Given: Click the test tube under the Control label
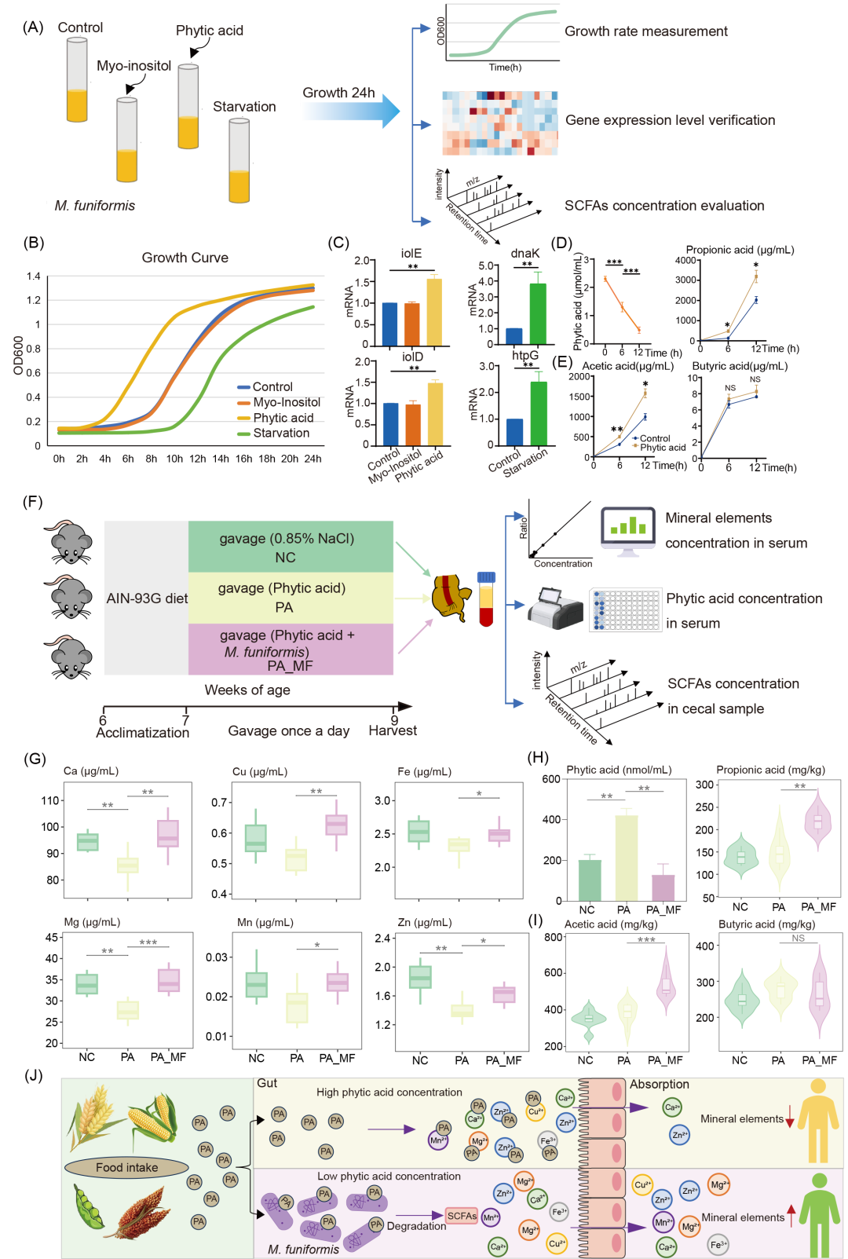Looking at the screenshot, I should (77, 80).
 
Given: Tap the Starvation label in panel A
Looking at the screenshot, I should (244, 107).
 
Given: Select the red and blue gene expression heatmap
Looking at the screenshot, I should (499, 123).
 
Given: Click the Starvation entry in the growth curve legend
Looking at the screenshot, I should (280, 433).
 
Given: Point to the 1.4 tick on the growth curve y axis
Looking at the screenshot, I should (33, 276).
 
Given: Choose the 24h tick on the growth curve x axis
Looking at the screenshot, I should (313, 459).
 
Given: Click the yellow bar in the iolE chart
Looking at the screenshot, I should (434, 311).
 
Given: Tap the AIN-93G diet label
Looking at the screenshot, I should (147, 598).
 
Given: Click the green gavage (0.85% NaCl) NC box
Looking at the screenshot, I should (291, 547).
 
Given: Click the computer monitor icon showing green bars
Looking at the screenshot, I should (628, 530).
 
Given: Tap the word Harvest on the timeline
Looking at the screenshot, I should (393, 731).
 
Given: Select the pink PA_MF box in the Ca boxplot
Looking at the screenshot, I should (167, 833).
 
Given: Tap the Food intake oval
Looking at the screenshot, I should (126, 1168).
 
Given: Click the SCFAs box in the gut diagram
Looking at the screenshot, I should (462, 1216).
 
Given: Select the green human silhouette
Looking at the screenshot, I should (820, 1213).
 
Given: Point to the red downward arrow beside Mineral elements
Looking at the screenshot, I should (790, 1119).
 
